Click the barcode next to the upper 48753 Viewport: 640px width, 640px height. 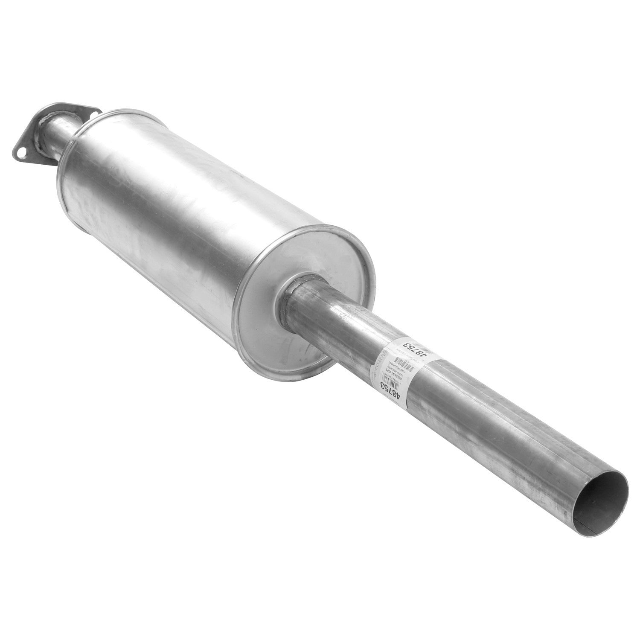pyautogui.click(x=422, y=348)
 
